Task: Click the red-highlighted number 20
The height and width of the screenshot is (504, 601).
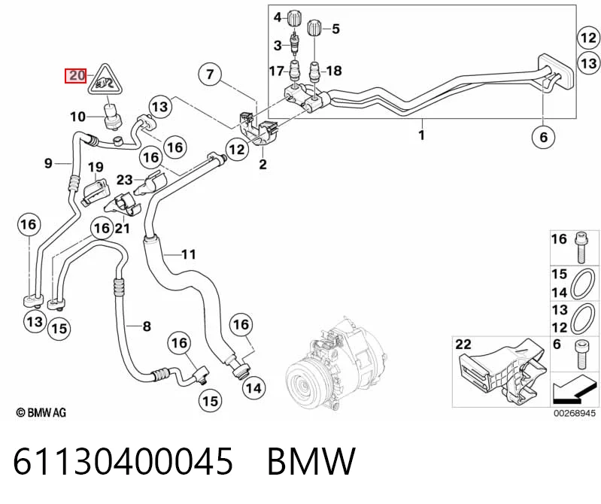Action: pyautogui.click(x=76, y=75)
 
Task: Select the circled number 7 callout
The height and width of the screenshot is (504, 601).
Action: pyautogui.click(x=210, y=74)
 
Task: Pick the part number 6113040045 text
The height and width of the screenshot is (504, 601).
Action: pyautogui.click(x=123, y=461)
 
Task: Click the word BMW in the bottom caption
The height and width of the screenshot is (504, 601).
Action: pyautogui.click(x=311, y=461)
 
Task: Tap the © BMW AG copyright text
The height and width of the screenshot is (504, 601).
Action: pyautogui.click(x=41, y=412)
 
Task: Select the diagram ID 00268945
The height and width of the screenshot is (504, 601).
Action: pyautogui.click(x=574, y=413)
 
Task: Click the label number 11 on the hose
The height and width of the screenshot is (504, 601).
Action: pyautogui.click(x=188, y=254)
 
